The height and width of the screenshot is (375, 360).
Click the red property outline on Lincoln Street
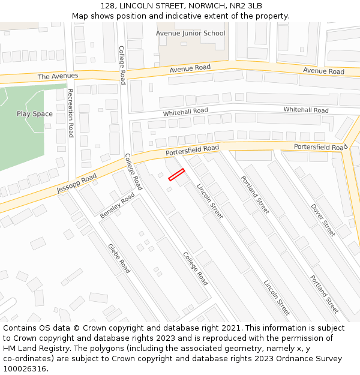[x=176, y=175]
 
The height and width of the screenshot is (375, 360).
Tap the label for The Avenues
[x=58, y=76]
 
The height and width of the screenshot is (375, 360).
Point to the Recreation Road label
[x=70, y=113]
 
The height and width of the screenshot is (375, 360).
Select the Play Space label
[x=34, y=114]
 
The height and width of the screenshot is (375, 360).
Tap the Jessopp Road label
[x=76, y=182]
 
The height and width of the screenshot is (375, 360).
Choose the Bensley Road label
[x=118, y=205]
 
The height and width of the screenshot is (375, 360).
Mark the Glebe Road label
[x=119, y=258]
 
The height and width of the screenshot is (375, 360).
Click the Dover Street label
[x=323, y=220]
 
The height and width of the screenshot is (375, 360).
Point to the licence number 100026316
[x=25, y=368]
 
